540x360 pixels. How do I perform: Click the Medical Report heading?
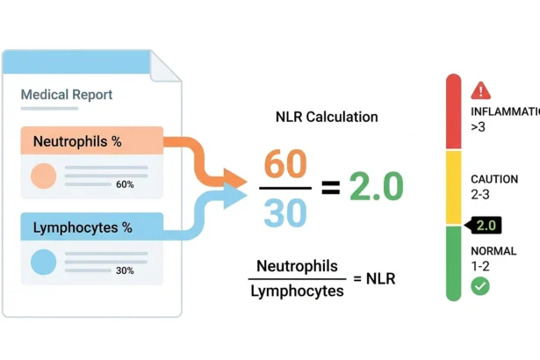[67, 95]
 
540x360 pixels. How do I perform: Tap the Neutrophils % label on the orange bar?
[77, 141]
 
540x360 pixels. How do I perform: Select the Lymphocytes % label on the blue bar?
[83, 227]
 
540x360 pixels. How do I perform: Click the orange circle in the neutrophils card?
[43, 176]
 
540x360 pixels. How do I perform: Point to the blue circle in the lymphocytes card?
[43, 263]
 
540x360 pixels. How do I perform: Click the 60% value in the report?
[125, 184]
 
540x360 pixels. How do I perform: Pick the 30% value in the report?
[125, 270]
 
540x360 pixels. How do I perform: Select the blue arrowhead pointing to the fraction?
[234, 197]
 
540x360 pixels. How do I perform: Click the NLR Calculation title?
[327, 117]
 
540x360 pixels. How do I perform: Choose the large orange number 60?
[285, 163]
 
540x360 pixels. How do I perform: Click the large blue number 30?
[285, 212]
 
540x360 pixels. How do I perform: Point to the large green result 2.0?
[376, 186]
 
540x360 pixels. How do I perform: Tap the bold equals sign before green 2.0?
[331, 188]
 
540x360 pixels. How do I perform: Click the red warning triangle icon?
[481, 90]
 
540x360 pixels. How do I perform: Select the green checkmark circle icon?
[480, 286]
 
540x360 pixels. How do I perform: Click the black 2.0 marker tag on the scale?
[483, 226]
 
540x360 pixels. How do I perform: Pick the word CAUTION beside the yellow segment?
[494, 179]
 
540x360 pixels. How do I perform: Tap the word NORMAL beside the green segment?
[493, 251]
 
